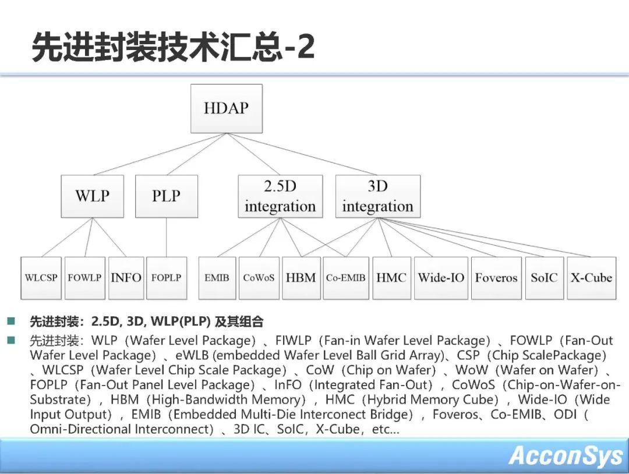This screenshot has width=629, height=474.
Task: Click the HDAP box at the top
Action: (x=226, y=108)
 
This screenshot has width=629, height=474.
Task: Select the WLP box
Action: (x=92, y=196)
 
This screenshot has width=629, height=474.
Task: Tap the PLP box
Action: (x=167, y=196)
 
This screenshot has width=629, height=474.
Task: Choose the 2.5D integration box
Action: (x=280, y=196)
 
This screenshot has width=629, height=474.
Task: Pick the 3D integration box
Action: (x=378, y=196)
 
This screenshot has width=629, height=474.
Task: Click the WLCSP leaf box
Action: (x=41, y=278)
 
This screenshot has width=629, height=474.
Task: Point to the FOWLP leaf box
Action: (x=84, y=278)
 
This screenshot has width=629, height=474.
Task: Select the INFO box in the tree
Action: (x=126, y=278)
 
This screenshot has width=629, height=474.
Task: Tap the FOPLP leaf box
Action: (x=167, y=278)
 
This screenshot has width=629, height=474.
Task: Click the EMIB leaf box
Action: (x=217, y=278)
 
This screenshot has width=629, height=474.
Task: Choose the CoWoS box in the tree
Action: (x=259, y=278)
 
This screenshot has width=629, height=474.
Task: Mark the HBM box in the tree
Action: (x=301, y=278)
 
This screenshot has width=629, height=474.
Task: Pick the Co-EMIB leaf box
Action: (x=346, y=278)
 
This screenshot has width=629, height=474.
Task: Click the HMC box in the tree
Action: (x=391, y=278)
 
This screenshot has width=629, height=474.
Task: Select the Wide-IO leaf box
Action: (x=441, y=278)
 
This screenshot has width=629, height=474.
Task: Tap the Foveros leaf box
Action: (x=496, y=278)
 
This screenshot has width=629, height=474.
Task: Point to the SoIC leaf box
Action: (x=544, y=278)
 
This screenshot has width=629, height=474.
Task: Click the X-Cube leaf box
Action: (x=591, y=278)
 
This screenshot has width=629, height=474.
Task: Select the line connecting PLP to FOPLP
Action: (x=167, y=238)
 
